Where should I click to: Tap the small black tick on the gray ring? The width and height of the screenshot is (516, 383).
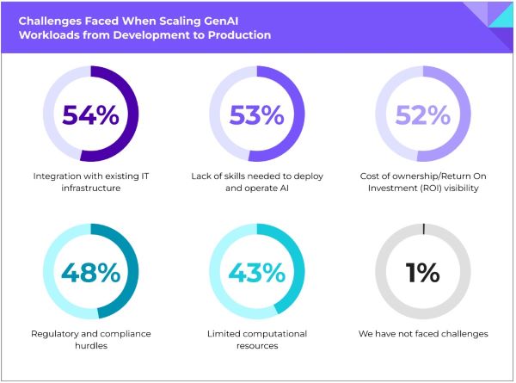pos(424,228)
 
